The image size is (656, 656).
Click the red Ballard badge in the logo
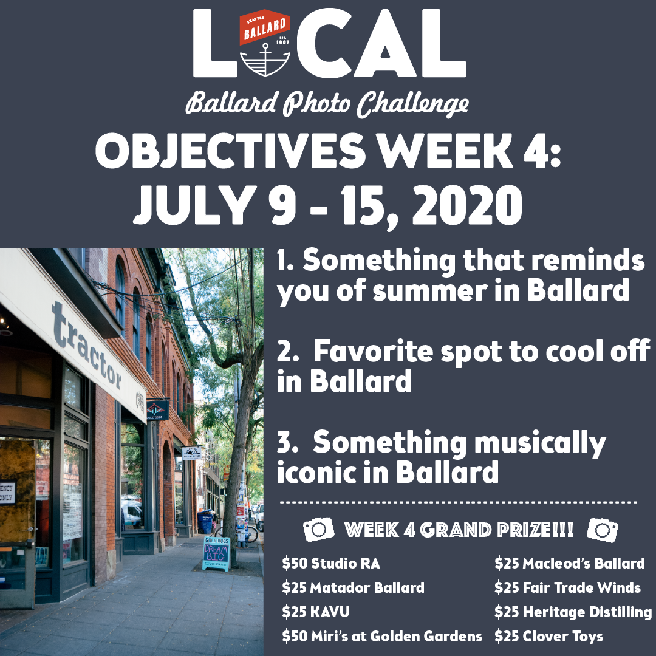pos(264,27)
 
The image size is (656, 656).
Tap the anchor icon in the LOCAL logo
pos(265,59)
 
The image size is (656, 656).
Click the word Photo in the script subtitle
pos(316,103)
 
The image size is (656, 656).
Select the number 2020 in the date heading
pos(467,205)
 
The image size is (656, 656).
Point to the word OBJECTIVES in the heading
pos(231,151)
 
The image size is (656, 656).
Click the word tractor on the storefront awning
pos(88,346)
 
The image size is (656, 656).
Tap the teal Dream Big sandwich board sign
pos(216,553)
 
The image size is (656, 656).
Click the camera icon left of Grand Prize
pos(319,529)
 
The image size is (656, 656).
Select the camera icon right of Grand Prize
pos(603,530)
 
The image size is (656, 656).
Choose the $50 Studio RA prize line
pos(331,564)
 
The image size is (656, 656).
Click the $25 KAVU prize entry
pos(316,612)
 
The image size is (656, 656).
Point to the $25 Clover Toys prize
pos(548,637)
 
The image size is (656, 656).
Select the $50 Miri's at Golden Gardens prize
pos(382,637)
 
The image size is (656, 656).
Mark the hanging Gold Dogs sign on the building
pos(158,410)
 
